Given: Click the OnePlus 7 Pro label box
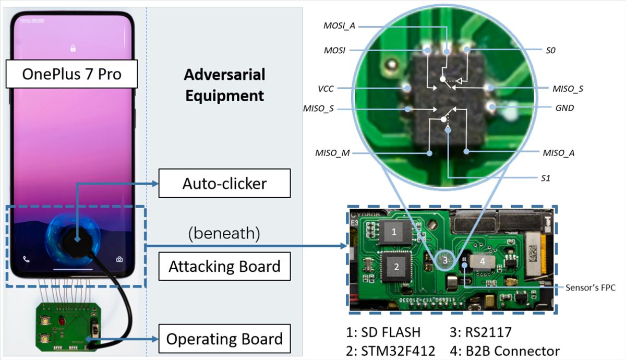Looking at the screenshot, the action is [71, 74].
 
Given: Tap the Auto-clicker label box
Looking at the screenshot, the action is [224, 183].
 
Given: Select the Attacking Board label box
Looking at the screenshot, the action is [224, 266].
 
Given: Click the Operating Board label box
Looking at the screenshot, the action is [224, 339].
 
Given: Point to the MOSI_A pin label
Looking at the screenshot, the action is [339, 26].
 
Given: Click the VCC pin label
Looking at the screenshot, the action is [326, 89].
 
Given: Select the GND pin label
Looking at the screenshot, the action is [564, 108].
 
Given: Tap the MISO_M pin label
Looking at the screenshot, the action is [332, 153].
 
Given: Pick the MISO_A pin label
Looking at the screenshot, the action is [558, 153].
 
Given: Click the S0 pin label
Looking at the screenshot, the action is [550, 51].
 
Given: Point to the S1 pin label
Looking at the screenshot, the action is [546, 178].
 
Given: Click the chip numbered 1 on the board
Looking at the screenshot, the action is [394, 232].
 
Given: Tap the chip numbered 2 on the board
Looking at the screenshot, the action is [396, 267].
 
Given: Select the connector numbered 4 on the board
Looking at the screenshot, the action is [482, 261].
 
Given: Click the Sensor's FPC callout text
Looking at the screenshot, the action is [590, 287].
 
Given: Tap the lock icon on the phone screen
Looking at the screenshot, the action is [73, 48].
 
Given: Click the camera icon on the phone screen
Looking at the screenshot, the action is [119, 259].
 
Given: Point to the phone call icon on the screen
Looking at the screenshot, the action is [26, 259].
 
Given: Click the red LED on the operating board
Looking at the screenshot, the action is [62, 321].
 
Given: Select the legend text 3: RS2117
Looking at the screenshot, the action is [480, 332].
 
